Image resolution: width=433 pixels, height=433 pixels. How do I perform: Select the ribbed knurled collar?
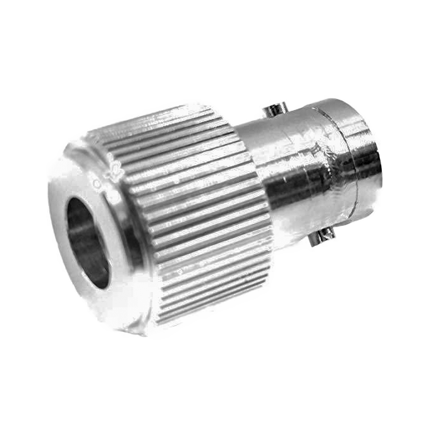point(196,209)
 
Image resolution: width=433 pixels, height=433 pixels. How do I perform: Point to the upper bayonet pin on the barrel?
point(273,111)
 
